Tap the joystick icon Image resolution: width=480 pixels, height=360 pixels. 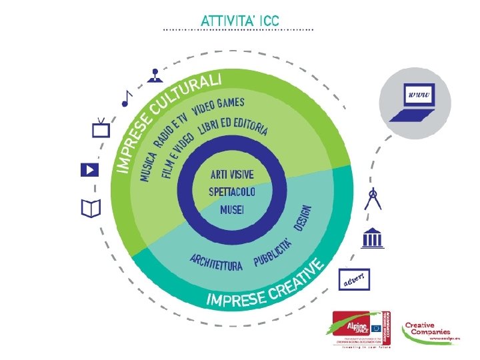tap(154, 75)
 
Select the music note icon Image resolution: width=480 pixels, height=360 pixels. tap(127, 98)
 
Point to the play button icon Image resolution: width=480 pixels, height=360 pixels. tap(89, 169)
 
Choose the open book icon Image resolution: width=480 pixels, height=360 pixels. tap(90, 209)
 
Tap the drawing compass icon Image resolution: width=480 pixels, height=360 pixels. tap(373, 199)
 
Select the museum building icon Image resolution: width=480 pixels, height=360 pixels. tap(372, 237)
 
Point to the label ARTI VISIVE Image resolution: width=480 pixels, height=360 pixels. tap(232, 175)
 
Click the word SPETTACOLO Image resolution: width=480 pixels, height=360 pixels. tap(232, 192)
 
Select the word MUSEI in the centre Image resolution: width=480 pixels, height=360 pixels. tap(232, 209)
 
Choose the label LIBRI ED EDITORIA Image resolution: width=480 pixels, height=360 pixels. tap(233, 128)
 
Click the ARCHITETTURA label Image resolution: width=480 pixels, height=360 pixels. tap(216, 262)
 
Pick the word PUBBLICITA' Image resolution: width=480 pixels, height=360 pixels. tap(273, 253)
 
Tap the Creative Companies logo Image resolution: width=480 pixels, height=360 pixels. tap(427, 329)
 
